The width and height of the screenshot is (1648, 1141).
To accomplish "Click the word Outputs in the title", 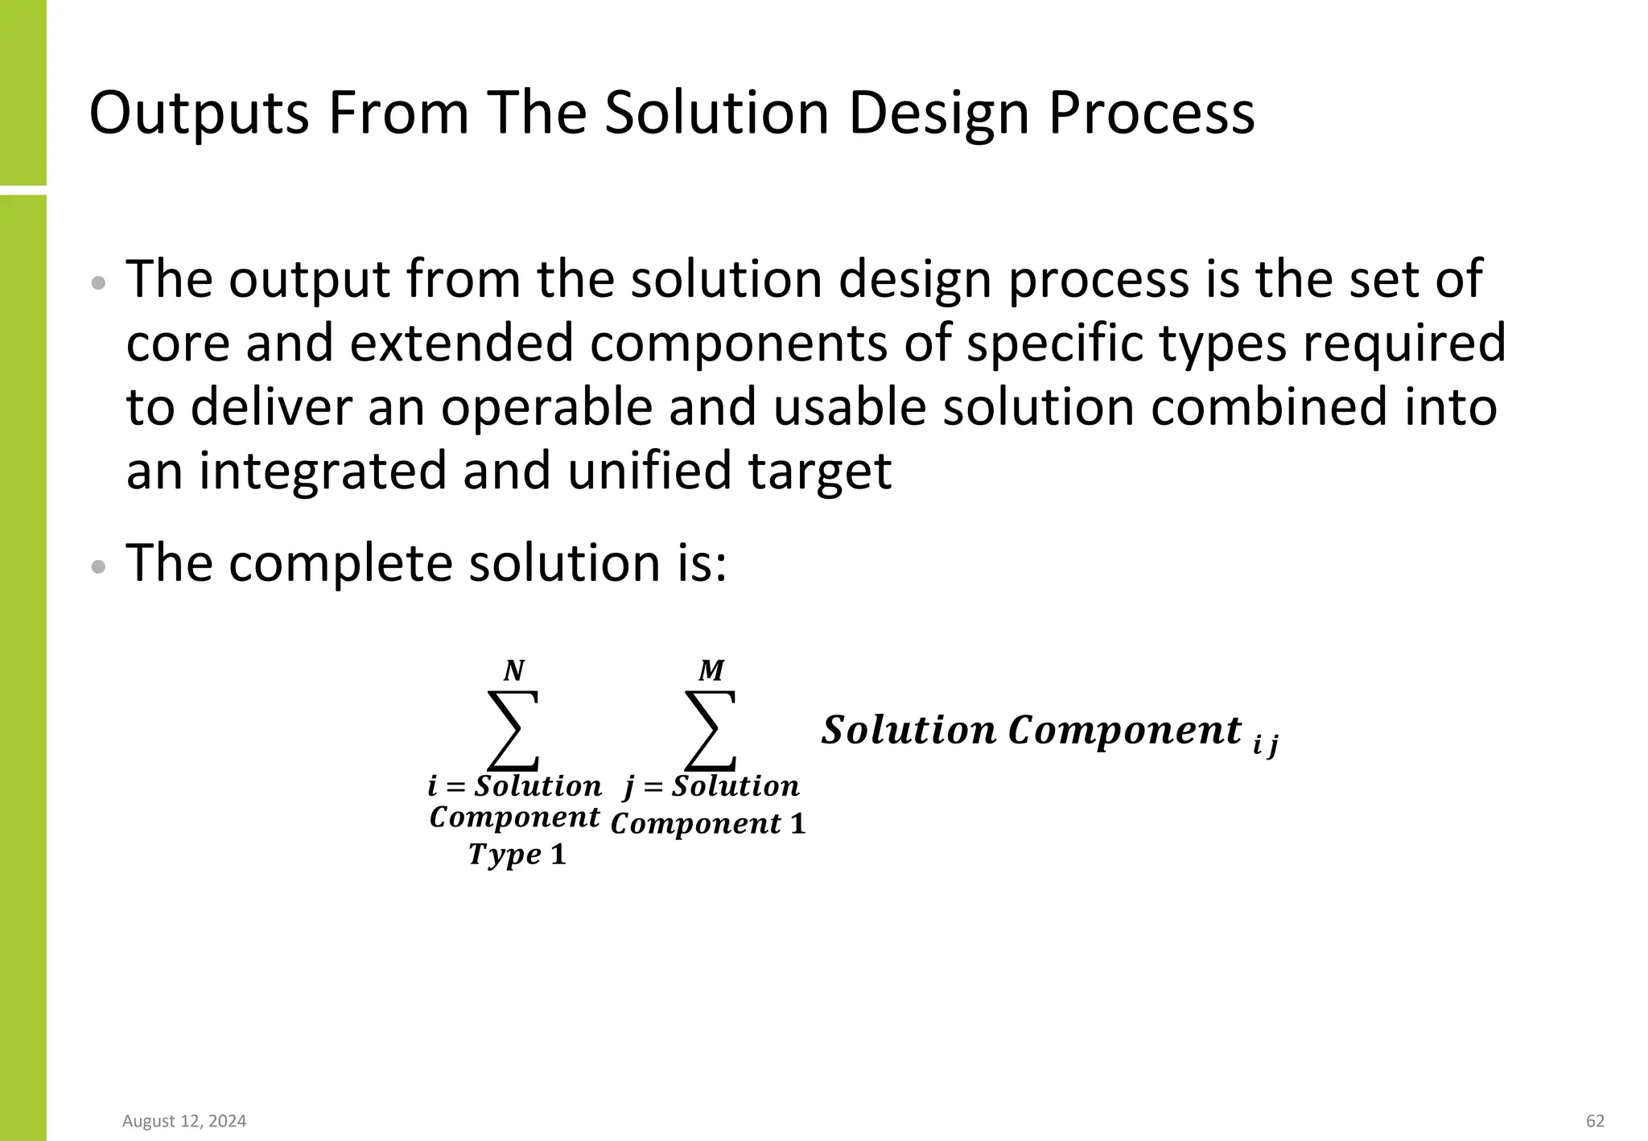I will coord(199,113).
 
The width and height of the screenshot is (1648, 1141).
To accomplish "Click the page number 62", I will coord(1595,1121).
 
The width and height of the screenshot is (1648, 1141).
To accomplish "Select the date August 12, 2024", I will coord(184,1121).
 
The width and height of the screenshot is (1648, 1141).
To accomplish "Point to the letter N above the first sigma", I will coord(513,670).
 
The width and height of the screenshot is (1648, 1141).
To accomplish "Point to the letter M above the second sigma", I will coord(711,670).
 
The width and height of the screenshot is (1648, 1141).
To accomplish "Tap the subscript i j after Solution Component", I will coord(1266,745).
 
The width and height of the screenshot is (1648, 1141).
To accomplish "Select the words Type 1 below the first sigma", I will coord(517,854).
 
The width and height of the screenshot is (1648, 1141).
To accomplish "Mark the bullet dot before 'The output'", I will coord(99,282).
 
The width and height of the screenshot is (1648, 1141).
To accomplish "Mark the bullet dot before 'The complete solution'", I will coord(99,566).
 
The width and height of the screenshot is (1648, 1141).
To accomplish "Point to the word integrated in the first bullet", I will coord(323,472).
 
